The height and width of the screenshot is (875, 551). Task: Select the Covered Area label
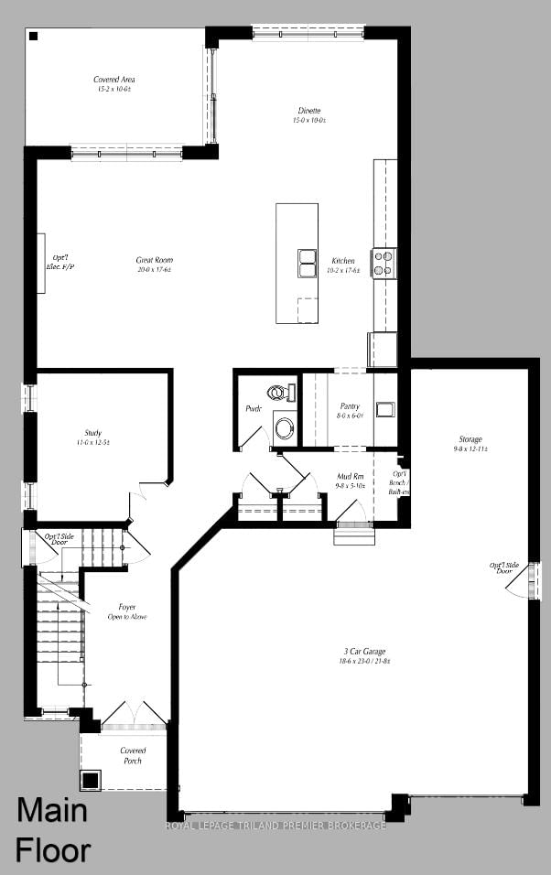[x=114, y=84]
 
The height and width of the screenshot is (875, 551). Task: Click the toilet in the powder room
[x=284, y=393]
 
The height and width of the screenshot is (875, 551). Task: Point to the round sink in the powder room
[x=285, y=427]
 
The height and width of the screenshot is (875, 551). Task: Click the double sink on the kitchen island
[x=307, y=262]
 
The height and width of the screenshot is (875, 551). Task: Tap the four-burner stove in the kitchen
[x=384, y=263]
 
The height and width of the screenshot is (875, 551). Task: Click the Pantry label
[x=349, y=410]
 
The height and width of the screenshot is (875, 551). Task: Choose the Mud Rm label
[x=351, y=481]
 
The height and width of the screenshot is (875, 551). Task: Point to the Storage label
[x=470, y=444]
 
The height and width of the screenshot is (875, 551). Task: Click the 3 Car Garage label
[x=358, y=655]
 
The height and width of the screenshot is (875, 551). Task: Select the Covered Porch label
[x=133, y=755]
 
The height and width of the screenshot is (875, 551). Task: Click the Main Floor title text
[x=53, y=830]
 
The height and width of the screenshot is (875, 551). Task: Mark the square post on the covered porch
[x=90, y=781]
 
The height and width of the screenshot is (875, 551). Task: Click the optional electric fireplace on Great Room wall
[x=41, y=263]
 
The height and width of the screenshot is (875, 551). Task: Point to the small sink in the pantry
[x=384, y=409]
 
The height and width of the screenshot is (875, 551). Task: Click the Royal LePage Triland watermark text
[x=275, y=826]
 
